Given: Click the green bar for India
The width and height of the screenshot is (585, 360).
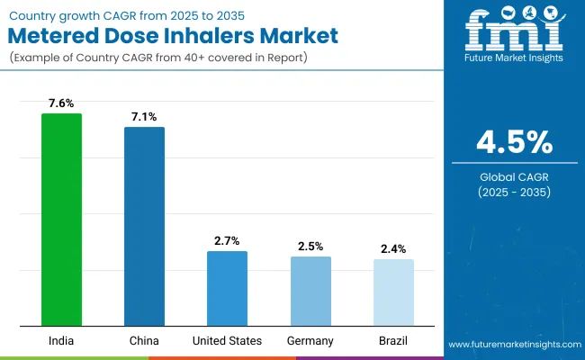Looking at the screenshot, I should [x=61, y=220].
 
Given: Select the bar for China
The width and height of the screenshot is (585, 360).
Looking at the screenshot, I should [x=144, y=226].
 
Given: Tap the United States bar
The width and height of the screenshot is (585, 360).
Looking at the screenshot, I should [x=227, y=288].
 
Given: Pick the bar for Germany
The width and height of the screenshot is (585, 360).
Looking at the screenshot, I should [x=310, y=291].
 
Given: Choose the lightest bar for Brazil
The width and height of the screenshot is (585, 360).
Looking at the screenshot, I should [x=393, y=292].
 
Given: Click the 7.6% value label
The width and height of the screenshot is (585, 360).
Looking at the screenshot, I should [x=61, y=103].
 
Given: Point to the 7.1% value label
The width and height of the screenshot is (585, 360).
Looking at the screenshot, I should [x=144, y=117].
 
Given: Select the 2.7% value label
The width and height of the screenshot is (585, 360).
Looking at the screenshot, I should [x=227, y=241].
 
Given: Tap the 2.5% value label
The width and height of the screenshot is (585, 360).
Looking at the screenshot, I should [x=310, y=246].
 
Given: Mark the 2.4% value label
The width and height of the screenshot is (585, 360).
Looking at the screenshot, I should [x=393, y=249].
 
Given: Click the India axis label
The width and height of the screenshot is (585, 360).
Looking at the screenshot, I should [x=61, y=340].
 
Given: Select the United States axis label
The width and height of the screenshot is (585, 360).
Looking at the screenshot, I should [x=227, y=340].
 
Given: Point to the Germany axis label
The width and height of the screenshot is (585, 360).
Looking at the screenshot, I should [x=310, y=340].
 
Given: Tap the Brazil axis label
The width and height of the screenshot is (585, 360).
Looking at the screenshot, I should [x=393, y=340].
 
